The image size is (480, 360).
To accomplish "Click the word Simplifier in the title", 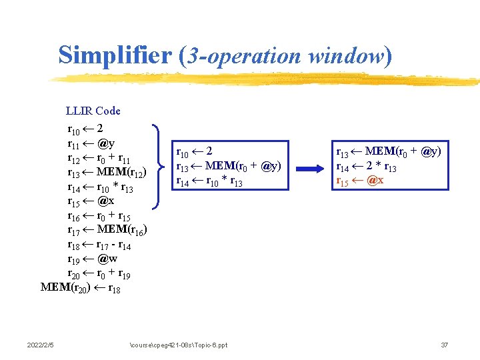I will pyautogui.click(x=115, y=55).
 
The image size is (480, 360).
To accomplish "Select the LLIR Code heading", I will pyautogui.click(x=93, y=111).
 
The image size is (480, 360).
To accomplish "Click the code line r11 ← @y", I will pyautogui.click(x=91, y=143).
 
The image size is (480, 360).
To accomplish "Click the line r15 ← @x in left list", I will pyautogui.click(x=91, y=201).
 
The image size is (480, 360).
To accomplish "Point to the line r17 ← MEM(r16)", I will pyautogui.click(x=107, y=231).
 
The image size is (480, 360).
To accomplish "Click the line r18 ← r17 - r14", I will pyautogui.click(x=103, y=245).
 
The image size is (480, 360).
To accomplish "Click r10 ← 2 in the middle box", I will pyautogui.click(x=194, y=151).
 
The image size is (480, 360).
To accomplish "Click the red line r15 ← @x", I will pyautogui.click(x=359, y=181).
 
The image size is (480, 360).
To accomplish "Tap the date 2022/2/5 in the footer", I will pyautogui.click(x=41, y=345).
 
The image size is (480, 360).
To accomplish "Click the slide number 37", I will pyautogui.click(x=445, y=345).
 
